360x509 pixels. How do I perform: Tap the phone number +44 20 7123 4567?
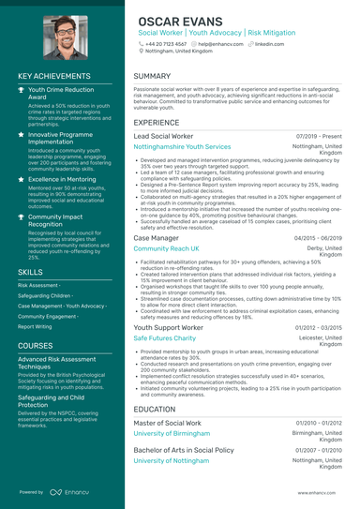[165, 43]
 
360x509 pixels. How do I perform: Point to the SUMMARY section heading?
[152, 76]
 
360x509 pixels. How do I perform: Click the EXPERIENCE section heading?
[157, 123]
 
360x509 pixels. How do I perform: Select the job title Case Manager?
[157, 239]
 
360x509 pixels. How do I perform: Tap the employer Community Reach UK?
[166, 249]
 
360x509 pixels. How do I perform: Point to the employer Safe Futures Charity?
[165, 337]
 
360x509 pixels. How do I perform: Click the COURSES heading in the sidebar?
[36, 346]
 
